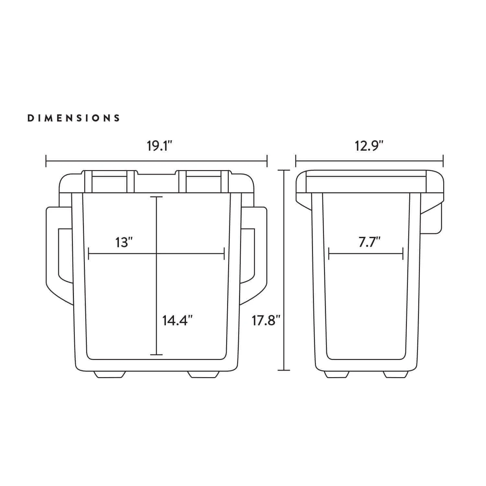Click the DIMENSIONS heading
(x=74, y=118)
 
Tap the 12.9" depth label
(x=369, y=146)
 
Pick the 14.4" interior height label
(x=178, y=321)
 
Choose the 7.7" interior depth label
(x=369, y=242)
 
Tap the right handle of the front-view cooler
(x=260, y=253)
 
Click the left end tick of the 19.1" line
(x=46, y=161)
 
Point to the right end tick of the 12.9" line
(x=443, y=161)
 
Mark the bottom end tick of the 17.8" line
(x=284, y=370)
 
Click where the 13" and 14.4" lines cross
(x=156, y=253)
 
